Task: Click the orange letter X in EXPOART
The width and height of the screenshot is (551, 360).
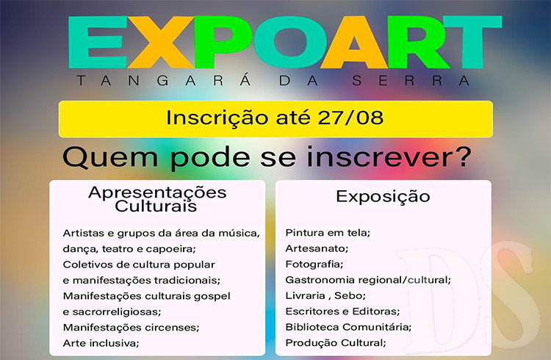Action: click(x=161, y=42)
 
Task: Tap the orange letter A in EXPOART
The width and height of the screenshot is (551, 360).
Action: click(x=354, y=42)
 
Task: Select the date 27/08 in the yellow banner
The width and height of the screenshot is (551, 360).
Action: click(x=350, y=118)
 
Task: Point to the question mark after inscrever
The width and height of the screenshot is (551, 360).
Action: click(x=464, y=156)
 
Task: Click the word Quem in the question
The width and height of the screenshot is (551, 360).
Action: click(x=110, y=158)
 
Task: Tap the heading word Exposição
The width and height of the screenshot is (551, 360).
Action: click(x=383, y=196)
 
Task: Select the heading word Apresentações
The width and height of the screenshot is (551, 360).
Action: click(x=157, y=192)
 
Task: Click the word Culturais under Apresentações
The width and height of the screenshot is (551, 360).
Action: click(x=156, y=206)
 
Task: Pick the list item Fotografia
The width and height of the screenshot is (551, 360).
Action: click(x=314, y=264)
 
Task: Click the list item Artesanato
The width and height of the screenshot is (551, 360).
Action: click(x=317, y=248)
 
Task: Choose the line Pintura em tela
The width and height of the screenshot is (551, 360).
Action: click(x=328, y=233)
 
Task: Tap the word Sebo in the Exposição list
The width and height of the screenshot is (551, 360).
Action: click(x=350, y=295)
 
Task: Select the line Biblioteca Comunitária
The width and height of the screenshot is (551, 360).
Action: click(x=348, y=327)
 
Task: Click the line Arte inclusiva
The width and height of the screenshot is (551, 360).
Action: click(x=101, y=343)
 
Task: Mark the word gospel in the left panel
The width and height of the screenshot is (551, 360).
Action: click(x=212, y=296)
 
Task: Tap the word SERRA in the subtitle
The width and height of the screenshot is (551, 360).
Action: click(x=411, y=81)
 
